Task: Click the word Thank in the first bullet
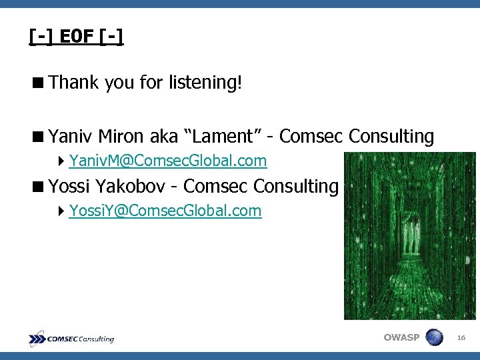pos(73,83)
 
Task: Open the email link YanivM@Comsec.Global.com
pos(167,161)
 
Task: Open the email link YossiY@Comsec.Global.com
pos(165,211)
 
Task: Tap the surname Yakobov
pos(137,187)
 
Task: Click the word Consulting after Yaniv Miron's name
pos(391,137)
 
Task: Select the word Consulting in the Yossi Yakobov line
pos(296,187)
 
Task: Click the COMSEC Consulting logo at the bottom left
pos(71,339)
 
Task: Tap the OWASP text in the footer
pos(401,337)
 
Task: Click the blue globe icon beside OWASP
pos(434,337)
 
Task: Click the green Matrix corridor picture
pos(409,236)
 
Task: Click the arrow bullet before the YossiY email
pos(61,211)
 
